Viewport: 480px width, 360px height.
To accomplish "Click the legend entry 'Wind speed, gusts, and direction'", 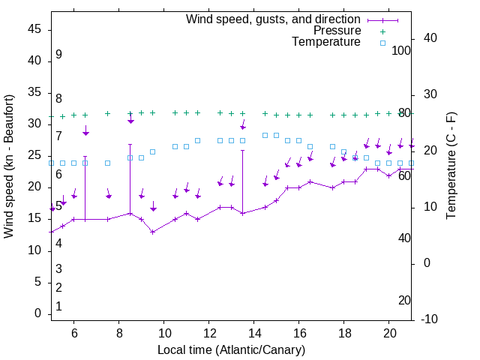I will (x=274, y=19).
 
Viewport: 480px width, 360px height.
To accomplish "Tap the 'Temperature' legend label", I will (x=326, y=42).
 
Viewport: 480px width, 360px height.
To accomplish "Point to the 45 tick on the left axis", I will (x=34, y=29).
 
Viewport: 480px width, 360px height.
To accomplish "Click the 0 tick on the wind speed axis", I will (x=37, y=313).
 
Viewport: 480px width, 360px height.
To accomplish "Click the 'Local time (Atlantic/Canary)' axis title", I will (x=231, y=350).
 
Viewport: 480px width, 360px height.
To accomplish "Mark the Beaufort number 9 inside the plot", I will (x=58, y=55).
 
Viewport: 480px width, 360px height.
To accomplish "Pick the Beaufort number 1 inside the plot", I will (x=58, y=307).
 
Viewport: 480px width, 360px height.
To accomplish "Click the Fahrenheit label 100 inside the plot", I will (x=401, y=50).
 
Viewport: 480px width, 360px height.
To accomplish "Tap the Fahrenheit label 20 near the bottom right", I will (x=404, y=300).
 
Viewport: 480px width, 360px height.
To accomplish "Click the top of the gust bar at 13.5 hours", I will (x=242, y=150).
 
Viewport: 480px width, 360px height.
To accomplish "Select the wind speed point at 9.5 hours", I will (x=152, y=232).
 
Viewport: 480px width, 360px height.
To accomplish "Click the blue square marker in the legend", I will (x=382, y=43).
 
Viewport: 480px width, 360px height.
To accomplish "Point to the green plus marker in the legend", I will (x=382, y=31).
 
